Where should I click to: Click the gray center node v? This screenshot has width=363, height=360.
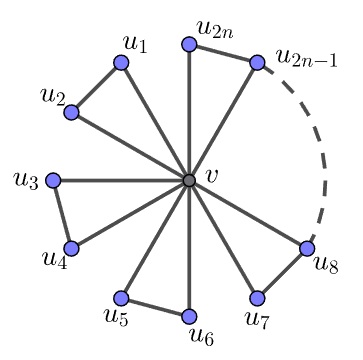pyautogui.click(x=189, y=180)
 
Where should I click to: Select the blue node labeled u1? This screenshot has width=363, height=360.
pyautogui.click(x=121, y=63)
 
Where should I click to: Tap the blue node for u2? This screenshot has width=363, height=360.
pyautogui.click(x=71, y=112)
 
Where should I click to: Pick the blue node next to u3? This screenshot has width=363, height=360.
pyautogui.click(x=53, y=180)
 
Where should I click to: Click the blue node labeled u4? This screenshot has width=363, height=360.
pyautogui.click(x=71, y=248)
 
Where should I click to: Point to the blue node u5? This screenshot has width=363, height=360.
pyautogui.click(x=121, y=298)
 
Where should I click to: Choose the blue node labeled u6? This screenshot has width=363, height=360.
pyautogui.click(x=189, y=316)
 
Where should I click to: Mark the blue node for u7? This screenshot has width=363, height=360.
pyautogui.click(x=257, y=298)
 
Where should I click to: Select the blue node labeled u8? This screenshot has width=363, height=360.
pyautogui.click(x=307, y=248)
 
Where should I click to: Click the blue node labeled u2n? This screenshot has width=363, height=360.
pyautogui.click(x=189, y=45)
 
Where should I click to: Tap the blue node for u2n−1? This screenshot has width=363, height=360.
pyautogui.click(x=257, y=63)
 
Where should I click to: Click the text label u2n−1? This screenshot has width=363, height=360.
pyautogui.click(x=307, y=59)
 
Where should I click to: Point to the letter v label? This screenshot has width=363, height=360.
pyautogui.click(x=211, y=177)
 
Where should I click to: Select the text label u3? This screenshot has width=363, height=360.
pyautogui.click(x=26, y=181)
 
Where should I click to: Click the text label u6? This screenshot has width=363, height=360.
pyautogui.click(x=202, y=336)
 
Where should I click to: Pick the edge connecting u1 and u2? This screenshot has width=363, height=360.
pyautogui.click(x=96, y=87)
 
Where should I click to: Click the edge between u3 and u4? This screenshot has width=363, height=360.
pyautogui.click(x=62, y=214)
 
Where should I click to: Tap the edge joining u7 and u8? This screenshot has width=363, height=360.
pyautogui.click(x=282, y=273)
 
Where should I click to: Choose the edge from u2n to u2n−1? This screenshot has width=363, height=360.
pyautogui.click(x=223, y=54)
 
